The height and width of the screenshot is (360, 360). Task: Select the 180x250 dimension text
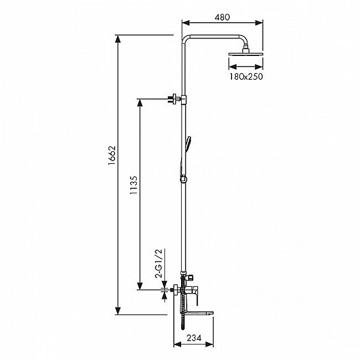(x=244, y=76)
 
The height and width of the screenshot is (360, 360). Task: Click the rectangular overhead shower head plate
(x=244, y=55)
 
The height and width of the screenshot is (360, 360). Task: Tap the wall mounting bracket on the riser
(x=176, y=100)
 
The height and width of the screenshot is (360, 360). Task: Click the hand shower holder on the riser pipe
(x=183, y=178)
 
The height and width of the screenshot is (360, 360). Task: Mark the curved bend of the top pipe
(x=187, y=39)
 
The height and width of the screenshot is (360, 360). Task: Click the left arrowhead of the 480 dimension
(x=185, y=23)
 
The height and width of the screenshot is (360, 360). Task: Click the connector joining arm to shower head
(x=244, y=49)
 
